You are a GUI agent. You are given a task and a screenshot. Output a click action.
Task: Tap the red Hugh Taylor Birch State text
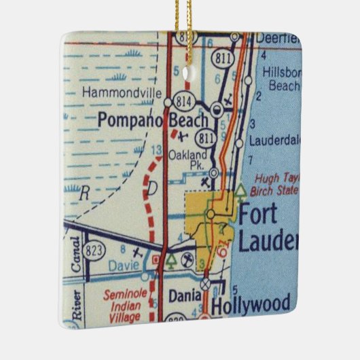point(276,183)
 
